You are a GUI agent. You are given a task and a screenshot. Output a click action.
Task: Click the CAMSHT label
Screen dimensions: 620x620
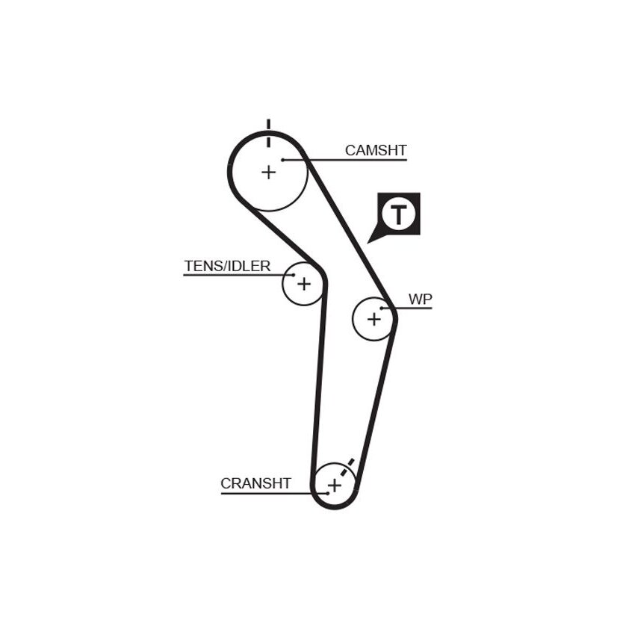tap(376, 150)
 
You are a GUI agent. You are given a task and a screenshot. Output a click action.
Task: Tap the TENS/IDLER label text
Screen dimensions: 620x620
tap(227, 266)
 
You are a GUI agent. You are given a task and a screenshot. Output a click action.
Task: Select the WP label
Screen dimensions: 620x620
tap(421, 300)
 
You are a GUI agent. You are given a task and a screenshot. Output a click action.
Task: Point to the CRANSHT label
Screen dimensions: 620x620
tap(255, 483)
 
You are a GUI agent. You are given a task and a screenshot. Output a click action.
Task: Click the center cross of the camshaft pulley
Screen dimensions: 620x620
tap(269, 173)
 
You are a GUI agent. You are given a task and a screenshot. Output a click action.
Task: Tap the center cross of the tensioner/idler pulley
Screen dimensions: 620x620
tap(304, 284)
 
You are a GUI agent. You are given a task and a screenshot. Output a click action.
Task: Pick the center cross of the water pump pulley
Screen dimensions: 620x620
tap(374, 319)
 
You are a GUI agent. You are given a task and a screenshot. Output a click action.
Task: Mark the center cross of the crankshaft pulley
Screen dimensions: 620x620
tap(335, 485)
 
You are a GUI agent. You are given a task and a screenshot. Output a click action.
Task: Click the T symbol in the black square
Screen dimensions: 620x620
tap(399, 214)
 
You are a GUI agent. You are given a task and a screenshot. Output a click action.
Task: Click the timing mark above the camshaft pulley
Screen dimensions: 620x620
tap(269, 133)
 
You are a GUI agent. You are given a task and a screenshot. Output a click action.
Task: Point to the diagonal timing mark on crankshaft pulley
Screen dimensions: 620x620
tap(347, 468)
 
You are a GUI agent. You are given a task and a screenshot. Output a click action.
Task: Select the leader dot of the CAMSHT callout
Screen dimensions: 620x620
tap(282, 160)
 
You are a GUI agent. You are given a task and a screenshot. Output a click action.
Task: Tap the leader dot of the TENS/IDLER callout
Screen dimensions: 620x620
tap(294, 275)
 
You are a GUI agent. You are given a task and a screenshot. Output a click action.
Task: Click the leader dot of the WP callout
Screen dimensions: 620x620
tap(382, 308)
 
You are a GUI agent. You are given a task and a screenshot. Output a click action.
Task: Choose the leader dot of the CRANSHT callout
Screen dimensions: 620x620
tap(328, 494)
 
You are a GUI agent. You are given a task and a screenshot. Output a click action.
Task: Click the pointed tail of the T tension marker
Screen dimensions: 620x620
tap(368, 242)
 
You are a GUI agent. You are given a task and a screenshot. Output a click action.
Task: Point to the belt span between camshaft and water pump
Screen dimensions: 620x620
tap(350, 233)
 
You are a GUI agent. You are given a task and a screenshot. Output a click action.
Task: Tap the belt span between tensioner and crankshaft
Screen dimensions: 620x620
tap(320, 379)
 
